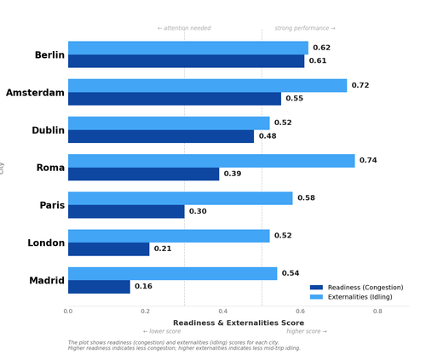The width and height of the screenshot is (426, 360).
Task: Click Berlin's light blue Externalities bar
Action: [x=187, y=48]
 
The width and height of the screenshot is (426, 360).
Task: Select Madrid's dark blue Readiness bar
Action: [x=99, y=287]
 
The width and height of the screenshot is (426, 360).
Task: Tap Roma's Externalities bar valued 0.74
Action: [x=211, y=161]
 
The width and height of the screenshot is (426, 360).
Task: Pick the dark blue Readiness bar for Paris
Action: [x=126, y=212]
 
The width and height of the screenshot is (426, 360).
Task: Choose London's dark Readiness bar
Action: [x=108, y=249]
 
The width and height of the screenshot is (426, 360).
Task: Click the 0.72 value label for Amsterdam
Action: [x=360, y=86]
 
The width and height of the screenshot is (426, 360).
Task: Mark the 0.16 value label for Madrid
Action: [x=143, y=287]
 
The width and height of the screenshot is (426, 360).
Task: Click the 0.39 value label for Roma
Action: [x=233, y=174]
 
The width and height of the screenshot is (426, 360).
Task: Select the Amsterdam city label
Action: [x=35, y=93]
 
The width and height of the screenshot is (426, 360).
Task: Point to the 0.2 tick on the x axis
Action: [x=146, y=311]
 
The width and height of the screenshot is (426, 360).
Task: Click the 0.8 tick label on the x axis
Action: [x=377, y=311]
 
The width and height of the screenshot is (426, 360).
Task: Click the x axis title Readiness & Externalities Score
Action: [x=239, y=323]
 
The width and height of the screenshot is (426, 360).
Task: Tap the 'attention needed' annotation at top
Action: [x=184, y=28]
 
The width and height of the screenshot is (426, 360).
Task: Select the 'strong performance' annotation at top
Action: [x=305, y=28]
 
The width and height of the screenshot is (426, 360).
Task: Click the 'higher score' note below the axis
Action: [x=307, y=331]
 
